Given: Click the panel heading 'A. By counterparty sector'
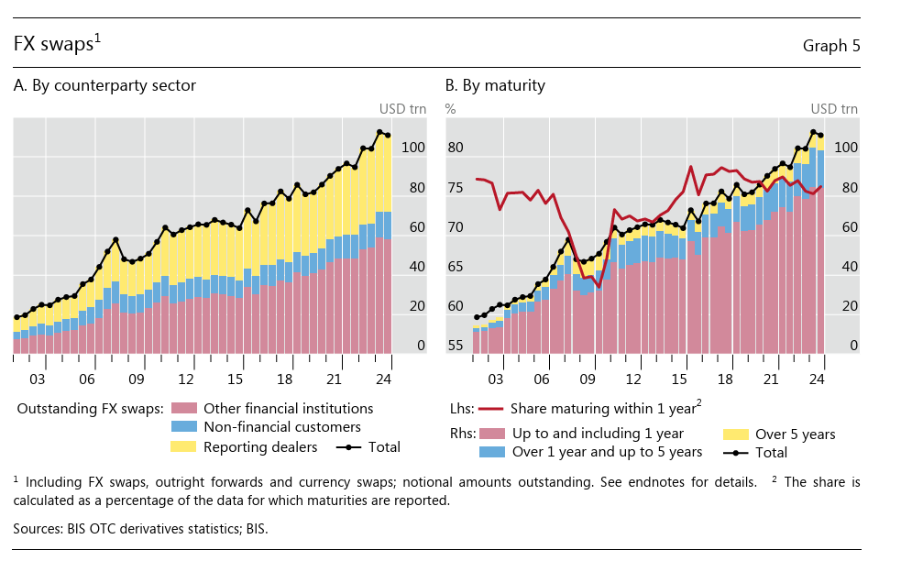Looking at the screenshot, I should point(104,85).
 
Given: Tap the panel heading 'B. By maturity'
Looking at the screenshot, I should point(495,85).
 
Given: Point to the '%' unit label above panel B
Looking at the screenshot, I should point(450,109).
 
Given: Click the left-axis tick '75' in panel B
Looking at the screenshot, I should point(456,188).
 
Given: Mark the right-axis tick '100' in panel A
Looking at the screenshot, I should point(413,148).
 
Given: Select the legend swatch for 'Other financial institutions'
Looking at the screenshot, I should point(184,409).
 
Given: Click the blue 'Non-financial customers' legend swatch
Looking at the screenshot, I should point(184,427).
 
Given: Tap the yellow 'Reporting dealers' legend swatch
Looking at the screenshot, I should point(184,446).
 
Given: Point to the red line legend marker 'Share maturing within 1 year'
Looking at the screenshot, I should point(490,409).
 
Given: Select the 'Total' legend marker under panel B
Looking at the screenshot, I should point(736,452).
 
